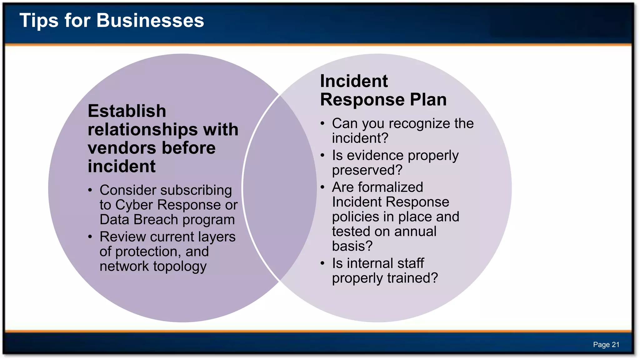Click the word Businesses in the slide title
pos(150,21)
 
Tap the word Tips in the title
pos(39,21)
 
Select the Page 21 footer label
pos(606,345)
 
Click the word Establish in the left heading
pos(127,111)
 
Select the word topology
pos(180,267)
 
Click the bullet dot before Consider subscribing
pos(90,190)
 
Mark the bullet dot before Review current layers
pos(90,237)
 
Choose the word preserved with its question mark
pos(367,171)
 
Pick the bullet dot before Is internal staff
pos(322,263)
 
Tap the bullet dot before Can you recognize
pos(322,123)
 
